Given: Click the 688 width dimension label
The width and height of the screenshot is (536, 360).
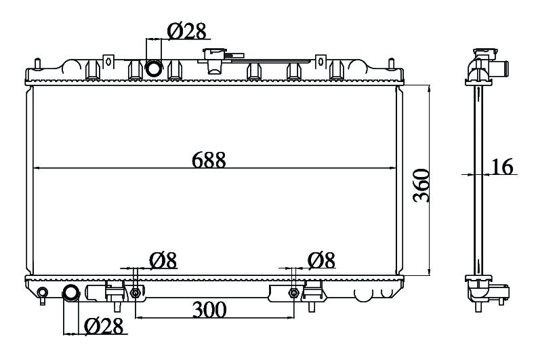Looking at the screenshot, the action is click(x=209, y=160).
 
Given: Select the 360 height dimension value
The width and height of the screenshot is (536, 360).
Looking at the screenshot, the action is click(x=421, y=185).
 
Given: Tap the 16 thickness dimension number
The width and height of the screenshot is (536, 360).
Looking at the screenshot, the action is click(x=503, y=167).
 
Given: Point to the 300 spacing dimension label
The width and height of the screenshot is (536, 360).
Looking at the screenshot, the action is click(x=209, y=310).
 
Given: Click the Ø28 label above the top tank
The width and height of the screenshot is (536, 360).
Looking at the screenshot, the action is click(x=186, y=31).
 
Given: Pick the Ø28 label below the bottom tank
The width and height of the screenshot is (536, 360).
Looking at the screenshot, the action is click(x=103, y=326).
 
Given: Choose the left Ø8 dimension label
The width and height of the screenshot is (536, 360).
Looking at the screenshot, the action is click(x=163, y=260).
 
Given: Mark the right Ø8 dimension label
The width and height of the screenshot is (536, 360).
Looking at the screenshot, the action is click(x=321, y=260).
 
